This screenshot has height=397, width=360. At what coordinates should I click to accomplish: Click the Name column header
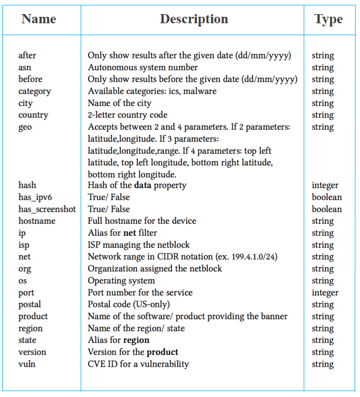(x=39, y=19)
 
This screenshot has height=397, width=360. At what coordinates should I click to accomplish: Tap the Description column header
(x=194, y=19)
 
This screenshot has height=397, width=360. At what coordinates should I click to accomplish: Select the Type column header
(x=328, y=19)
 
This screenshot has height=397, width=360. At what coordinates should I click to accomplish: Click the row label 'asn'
(x=25, y=68)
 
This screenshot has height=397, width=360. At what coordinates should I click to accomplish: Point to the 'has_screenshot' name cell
(x=47, y=209)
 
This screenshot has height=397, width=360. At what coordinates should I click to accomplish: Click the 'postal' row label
(x=30, y=305)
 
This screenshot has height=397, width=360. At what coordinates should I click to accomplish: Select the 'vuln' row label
(x=27, y=364)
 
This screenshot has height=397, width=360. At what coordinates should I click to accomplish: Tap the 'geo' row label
(x=25, y=127)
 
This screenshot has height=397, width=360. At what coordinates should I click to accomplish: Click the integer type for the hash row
(x=325, y=186)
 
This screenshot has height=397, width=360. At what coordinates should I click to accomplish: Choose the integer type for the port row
(x=325, y=293)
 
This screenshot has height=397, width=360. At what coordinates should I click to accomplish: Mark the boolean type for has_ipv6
(x=326, y=197)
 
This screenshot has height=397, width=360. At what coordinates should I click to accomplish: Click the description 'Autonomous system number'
(x=142, y=68)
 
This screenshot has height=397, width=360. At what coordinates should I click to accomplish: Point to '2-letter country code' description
(x=128, y=115)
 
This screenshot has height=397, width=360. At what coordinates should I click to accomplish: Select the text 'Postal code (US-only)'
(x=129, y=305)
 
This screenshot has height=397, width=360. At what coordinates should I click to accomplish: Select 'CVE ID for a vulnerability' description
(x=139, y=364)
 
